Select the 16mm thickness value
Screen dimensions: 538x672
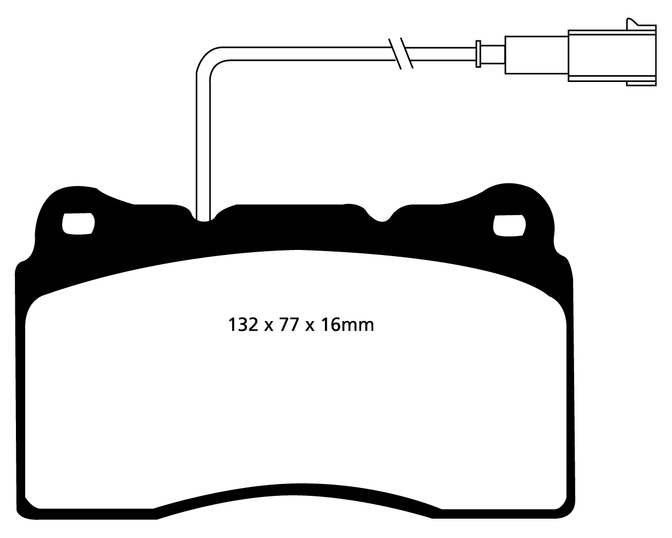tap(348, 325)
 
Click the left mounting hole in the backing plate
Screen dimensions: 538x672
tap(77, 223)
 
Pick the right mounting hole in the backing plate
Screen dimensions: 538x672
tap(508, 225)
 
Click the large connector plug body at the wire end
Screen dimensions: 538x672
tap(612, 55)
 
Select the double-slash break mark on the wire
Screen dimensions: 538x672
tap(400, 54)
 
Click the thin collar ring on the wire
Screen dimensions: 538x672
tap(479, 54)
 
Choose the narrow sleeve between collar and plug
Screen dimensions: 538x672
tap(492, 54)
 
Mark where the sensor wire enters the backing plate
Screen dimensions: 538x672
tap(203, 217)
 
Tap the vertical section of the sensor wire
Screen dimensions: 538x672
tap(203, 142)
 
